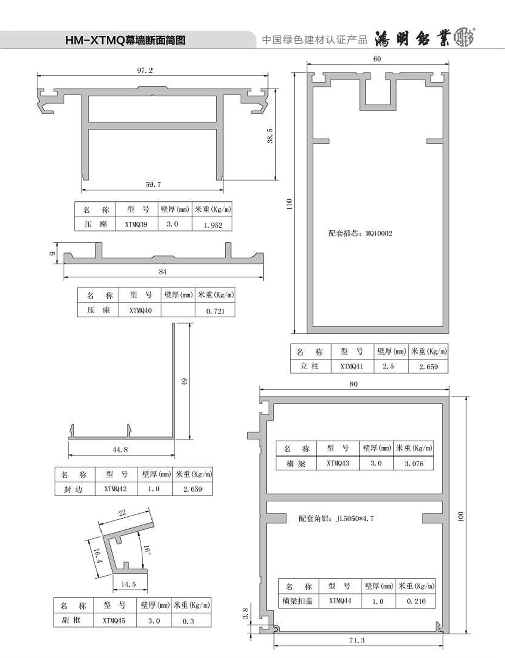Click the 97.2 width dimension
(145, 71)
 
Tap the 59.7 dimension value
(153, 185)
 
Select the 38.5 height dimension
(270, 136)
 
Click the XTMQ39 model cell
(136, 224)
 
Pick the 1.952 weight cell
(213, 225)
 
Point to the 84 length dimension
(163, 272)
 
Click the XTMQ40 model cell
(141, 310)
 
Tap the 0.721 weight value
(215, 311)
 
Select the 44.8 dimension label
(120, 450)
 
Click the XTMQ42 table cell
(115, 489)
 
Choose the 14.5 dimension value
(129, 584)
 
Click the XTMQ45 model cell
(114, 621)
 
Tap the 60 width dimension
(377, 59)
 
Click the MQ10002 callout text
(379, 233)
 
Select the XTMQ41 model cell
(352, 367)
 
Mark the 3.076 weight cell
(414, 463)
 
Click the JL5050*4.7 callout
(355, 519)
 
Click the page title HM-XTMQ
(95, 40)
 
